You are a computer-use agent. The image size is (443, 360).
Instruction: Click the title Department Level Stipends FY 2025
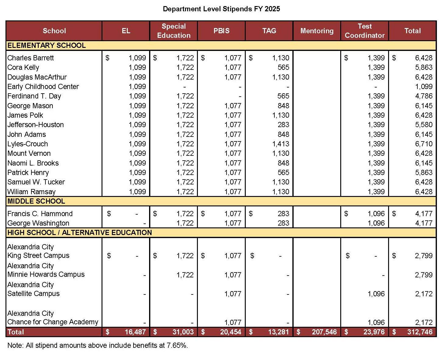[x=221, y=9]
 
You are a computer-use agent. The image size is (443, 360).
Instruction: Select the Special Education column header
[x=173, y=31]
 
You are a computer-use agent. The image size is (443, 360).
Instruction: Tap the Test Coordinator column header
[x=365, y=31]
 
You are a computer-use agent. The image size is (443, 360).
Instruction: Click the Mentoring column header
[x=317, y=31]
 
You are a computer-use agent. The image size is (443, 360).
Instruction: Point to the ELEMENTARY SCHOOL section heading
[x=46, y=46]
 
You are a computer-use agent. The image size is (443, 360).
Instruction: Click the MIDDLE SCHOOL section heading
[x=36, y=201]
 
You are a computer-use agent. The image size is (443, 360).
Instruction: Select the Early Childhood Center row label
[x=43, y=87]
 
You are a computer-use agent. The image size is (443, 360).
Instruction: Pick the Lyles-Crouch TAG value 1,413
[x=280, y=144]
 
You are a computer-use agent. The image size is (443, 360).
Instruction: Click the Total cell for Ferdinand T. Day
[x=423, y=96]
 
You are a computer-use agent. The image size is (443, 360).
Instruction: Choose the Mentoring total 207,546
[x=324, y=332]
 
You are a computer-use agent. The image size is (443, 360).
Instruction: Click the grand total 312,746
[x=420, y=332]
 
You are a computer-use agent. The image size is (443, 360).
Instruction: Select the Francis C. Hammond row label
[x=40, y=214]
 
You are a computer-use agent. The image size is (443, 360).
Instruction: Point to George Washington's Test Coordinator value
[x=376, y=223]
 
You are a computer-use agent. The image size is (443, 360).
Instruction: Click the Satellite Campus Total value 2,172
[x=423, y=294]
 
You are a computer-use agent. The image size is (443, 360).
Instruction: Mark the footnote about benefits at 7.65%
[x=98, y=346]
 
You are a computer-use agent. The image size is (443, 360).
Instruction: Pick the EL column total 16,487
[x=135, y=332]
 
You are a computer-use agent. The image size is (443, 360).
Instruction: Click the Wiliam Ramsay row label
[x=31, y=192]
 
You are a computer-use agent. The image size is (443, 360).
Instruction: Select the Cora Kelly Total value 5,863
[x=423, y=67]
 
